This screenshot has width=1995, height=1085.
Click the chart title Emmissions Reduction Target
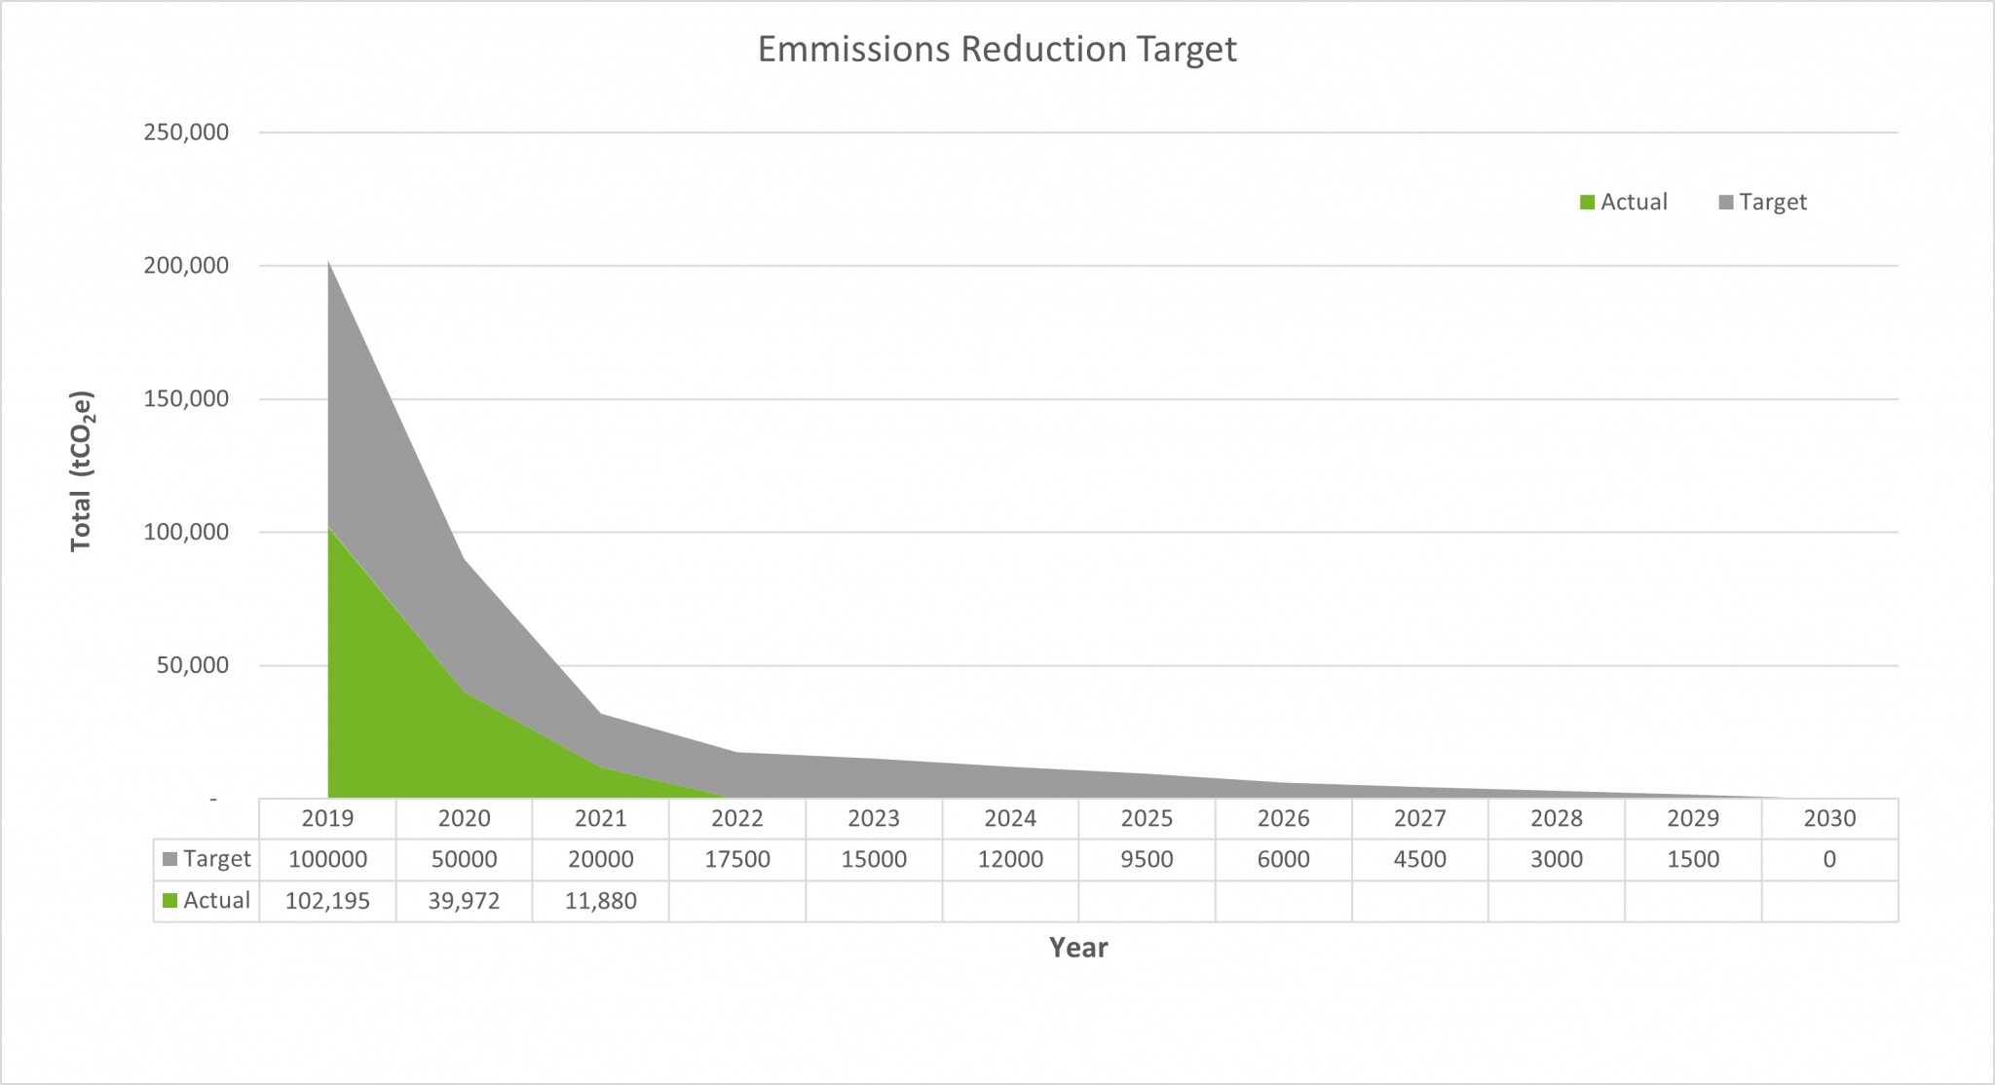[x=997, y=50]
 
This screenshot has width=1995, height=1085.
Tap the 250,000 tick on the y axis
[x=186, y=132]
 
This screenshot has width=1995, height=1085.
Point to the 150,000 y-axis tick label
[x=186, y=398]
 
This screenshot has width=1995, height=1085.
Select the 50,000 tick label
[x=192, y=665]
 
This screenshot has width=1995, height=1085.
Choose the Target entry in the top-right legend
[x=1762, y=202]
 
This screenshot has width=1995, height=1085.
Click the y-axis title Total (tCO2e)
[x=82, y=471]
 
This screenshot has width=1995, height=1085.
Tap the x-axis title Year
[x=1078, y=948]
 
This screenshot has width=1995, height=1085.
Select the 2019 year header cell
[x=327, y=818]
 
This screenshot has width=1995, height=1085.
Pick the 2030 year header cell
[x=1829, y=818]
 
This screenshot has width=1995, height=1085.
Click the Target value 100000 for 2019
[x=327, y=859]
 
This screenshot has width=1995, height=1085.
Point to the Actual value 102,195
[x=327, y=901]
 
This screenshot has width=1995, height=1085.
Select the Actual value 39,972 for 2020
[x=464, y=901]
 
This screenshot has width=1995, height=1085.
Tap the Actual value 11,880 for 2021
[x=601, y=901]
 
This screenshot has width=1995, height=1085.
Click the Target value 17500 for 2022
[x=737, y=859]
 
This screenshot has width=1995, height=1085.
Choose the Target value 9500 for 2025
[x=1147, y=859]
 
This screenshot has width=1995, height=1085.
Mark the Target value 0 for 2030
[x=1829, y=859]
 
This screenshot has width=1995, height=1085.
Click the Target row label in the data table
[x=207, y=859]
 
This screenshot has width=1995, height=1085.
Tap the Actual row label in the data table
[x=207, y=901]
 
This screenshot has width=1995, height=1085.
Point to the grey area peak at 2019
[x=329, y=265]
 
